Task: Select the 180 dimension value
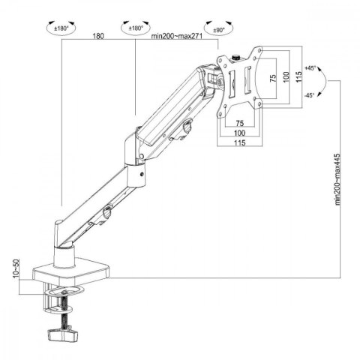[x=97, y=36]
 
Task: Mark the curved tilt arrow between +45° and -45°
[x=318, y=80]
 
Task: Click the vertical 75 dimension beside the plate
[x=274, y=77]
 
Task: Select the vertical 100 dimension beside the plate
[x=286, y=77]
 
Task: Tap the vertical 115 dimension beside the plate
[x=298, y=77]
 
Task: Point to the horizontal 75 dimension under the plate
[x=239, y=122]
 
